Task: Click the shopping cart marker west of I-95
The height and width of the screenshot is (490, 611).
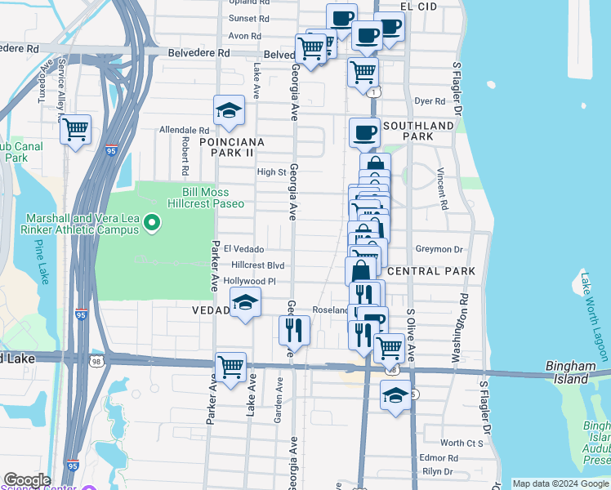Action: coord(75,128)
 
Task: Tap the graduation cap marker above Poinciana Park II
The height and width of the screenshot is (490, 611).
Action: coord(230,110)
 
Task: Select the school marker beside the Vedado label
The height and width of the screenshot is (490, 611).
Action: coord(244,302)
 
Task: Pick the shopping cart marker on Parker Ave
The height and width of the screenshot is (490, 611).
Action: coord(231,367)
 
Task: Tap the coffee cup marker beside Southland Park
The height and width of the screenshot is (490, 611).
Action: coord(364,131)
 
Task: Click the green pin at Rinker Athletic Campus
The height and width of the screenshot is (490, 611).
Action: coord(150,222)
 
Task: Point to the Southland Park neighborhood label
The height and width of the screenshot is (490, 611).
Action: coord(418,131)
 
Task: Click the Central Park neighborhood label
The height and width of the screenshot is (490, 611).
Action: coord(420,270)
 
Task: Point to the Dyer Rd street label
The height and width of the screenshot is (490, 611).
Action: coord(430,101)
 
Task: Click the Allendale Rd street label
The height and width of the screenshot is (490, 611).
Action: coord(185,130)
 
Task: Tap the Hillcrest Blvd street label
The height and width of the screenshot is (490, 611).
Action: coord(257,265)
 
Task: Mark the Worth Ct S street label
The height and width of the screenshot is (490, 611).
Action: coord(462,443)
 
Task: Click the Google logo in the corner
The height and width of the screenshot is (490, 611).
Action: coord(27,480)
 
